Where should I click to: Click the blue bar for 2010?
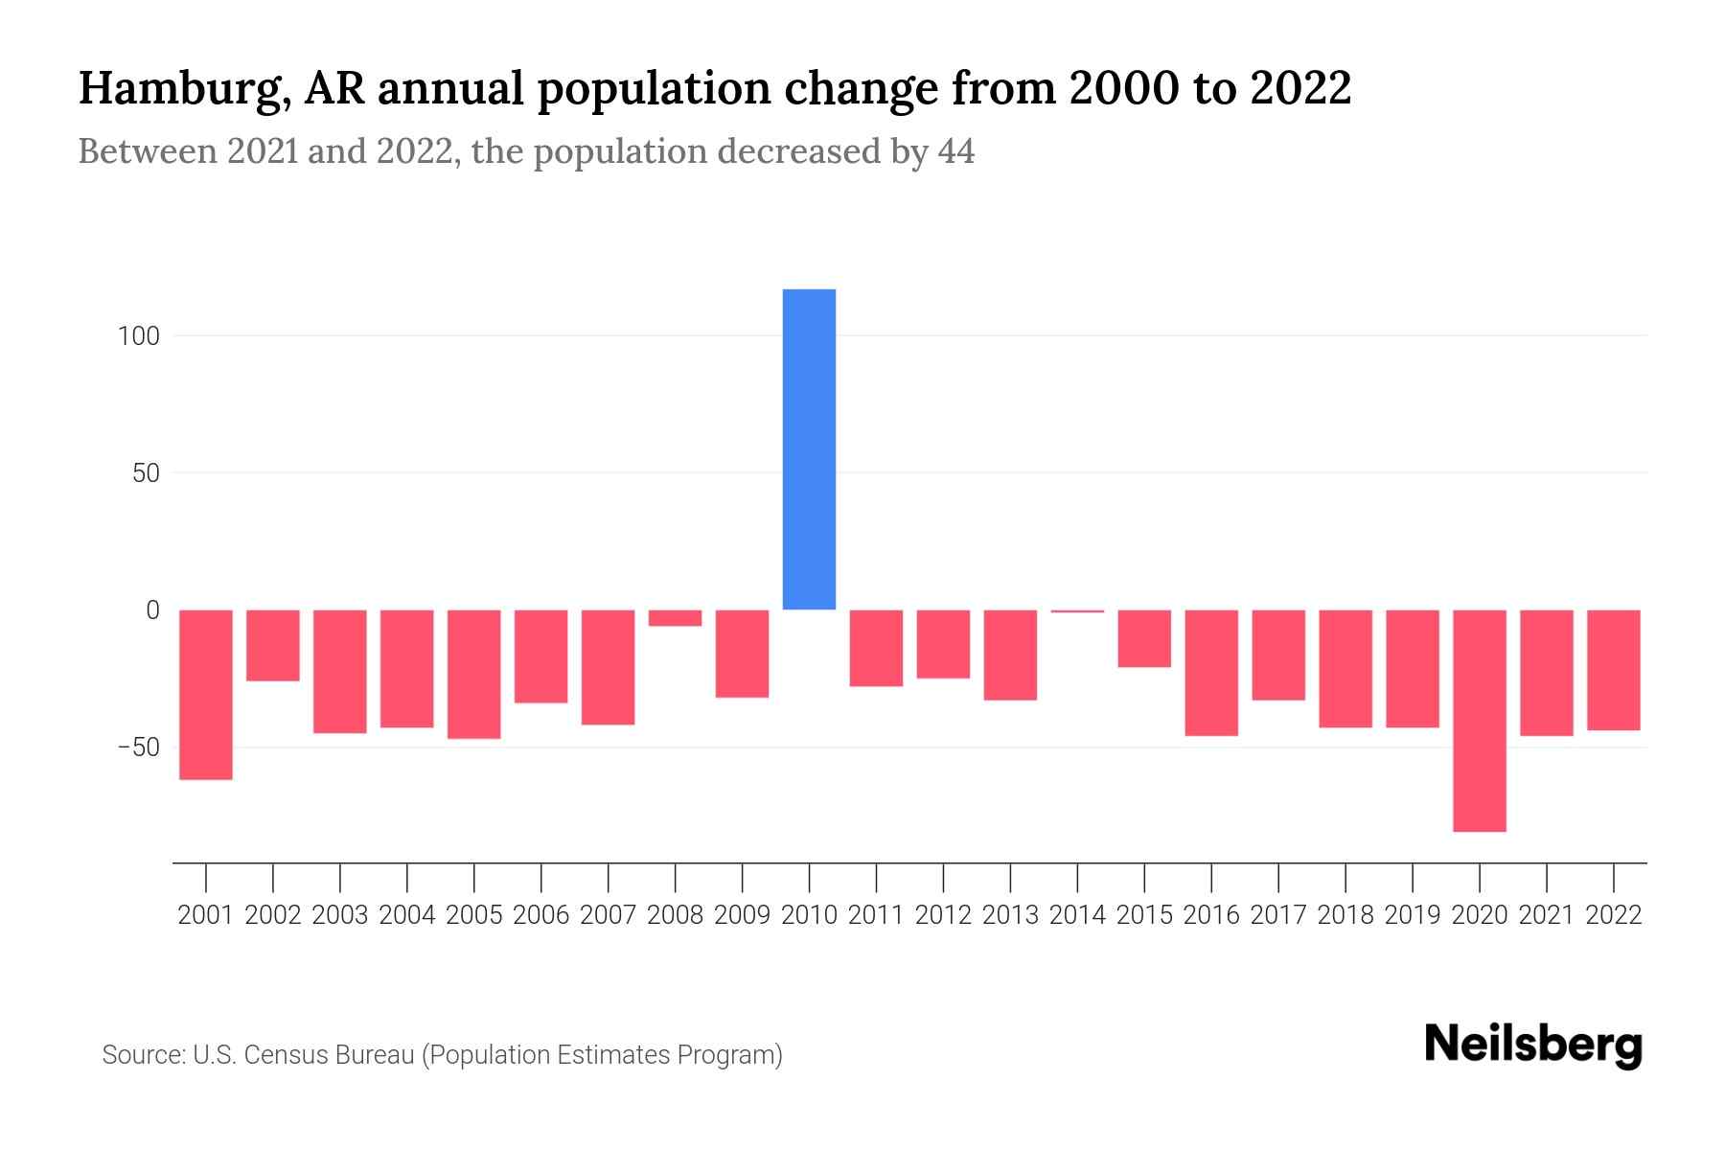pyautogui.click(x=809, y=448)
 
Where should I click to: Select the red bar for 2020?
pyautogui.click(x=1480, y=720)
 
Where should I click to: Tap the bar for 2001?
pyautogui.click(x=206, y=694)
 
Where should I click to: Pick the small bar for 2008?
pyautogui.click(x=676, y=618)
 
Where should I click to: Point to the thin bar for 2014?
pyautogui.click(x=1077, y=611)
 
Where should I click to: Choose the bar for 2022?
pyautogui.click(x=1614, y=670)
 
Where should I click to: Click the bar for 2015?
pyautogui.click(x=1144, y=638)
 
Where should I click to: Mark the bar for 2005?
pyautogui.click(x=474, y=674)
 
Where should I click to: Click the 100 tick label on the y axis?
pyautogui.click(x=140, y=336)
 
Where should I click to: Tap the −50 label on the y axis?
pyautogui.click(x=138, y=747)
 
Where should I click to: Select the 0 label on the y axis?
pyautogui.click(x=152, y=610)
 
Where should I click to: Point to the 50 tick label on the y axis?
pyautogui.click(x=147, y=473)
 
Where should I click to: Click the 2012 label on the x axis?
pyautogui.click(x=943, y=915)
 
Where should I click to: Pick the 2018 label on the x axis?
pyautogui.click(x=1345, y=915)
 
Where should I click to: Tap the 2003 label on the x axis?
pyautogui.click(x=340, y=915)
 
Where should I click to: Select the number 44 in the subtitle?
pyautogui.click(x=955, y=151)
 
